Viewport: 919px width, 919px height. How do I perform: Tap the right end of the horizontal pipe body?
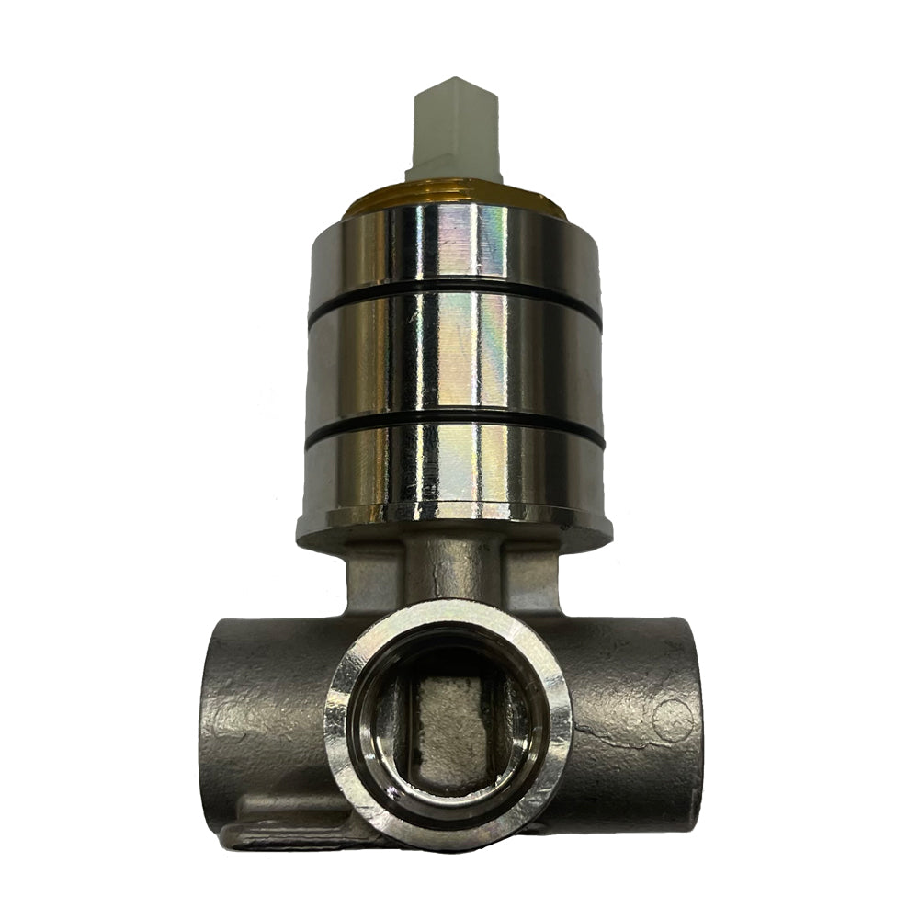tap(680, 717)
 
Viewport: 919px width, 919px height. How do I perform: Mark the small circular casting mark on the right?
tap(674, 717)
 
